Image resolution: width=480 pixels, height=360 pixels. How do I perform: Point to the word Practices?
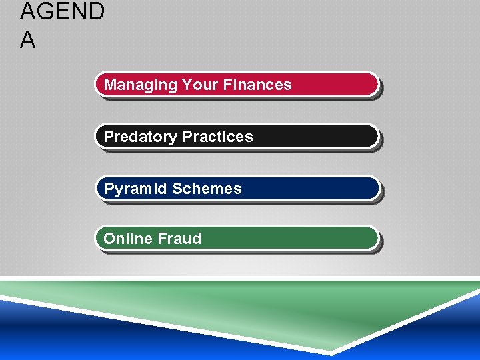click(218, 137)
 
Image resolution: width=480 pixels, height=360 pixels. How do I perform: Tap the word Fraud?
click(178, 239)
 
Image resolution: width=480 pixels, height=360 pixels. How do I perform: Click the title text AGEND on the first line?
click(62, 12)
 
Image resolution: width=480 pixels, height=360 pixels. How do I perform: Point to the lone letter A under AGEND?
click(28, 41)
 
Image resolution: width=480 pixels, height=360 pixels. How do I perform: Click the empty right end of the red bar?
click(340, 85)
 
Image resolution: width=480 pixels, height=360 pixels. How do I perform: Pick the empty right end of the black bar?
click(320, 137)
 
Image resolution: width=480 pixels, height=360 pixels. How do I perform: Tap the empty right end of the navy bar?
click(313, 189)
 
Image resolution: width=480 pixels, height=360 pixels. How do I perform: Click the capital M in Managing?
click(110, 85)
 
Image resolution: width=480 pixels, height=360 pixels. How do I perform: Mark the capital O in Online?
click(109, 239)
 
